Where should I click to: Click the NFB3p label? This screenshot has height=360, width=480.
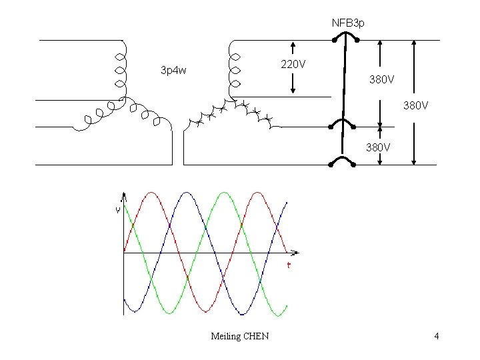pos(348,23)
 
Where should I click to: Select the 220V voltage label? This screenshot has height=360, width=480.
pos(293,65)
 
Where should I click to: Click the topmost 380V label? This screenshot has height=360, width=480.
pos(382,79)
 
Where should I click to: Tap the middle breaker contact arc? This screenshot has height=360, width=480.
pos(344,123)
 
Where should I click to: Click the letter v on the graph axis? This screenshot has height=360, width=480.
pos(118,210)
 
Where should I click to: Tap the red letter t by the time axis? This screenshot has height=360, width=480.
pos(289,265)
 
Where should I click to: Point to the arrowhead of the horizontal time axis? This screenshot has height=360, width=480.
pos(296,253)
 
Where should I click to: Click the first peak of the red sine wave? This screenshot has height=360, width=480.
pos(153,193)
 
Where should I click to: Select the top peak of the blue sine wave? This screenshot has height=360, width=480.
pos(188,193)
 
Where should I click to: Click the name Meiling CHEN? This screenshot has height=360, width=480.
pos(239,336)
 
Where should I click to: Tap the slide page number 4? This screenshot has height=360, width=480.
pos(436,336)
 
